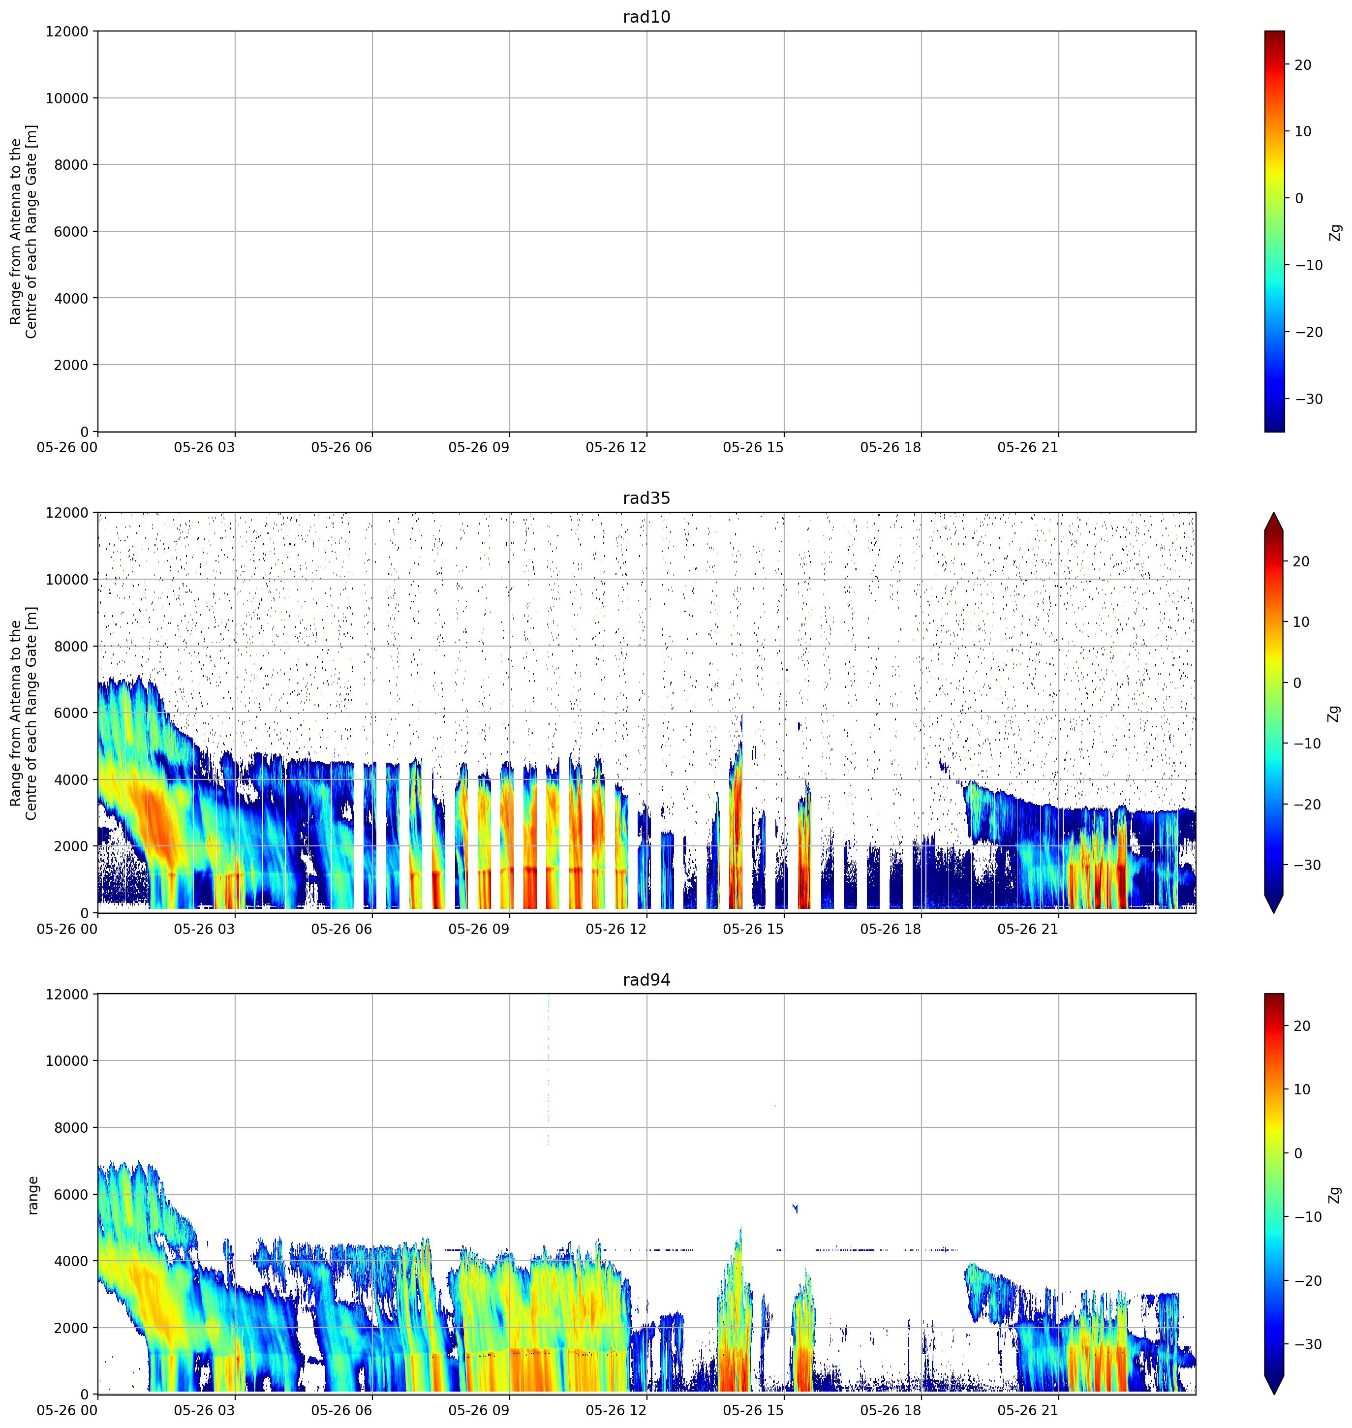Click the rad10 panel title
coord(646,17)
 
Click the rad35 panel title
coord(646,498)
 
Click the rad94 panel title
coord(646,980)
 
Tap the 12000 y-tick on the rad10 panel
coord(67,31)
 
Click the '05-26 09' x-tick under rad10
coord(479,448)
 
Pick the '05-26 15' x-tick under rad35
coord(753,929)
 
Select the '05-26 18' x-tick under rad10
coord(891,448)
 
